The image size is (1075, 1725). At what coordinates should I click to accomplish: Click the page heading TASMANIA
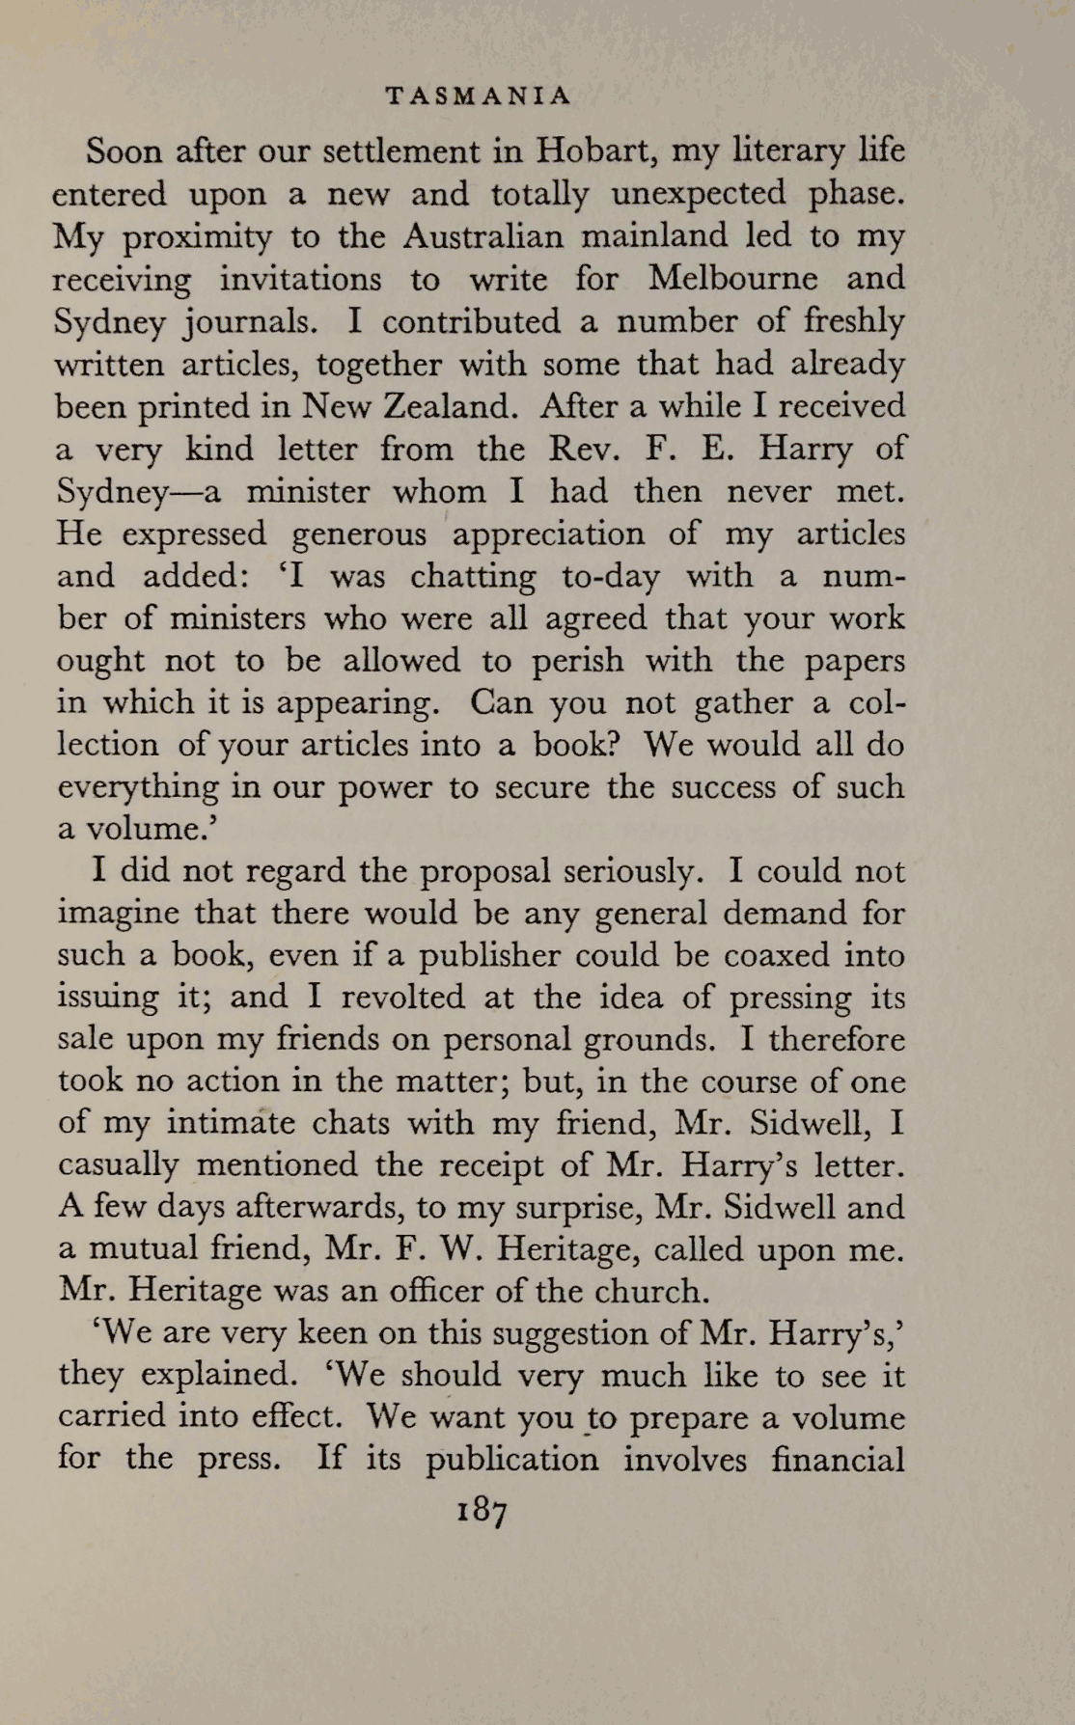click(478, 96)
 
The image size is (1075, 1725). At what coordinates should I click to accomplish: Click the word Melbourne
click(733, 279)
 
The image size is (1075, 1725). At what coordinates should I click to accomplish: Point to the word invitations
click(300, 279)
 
